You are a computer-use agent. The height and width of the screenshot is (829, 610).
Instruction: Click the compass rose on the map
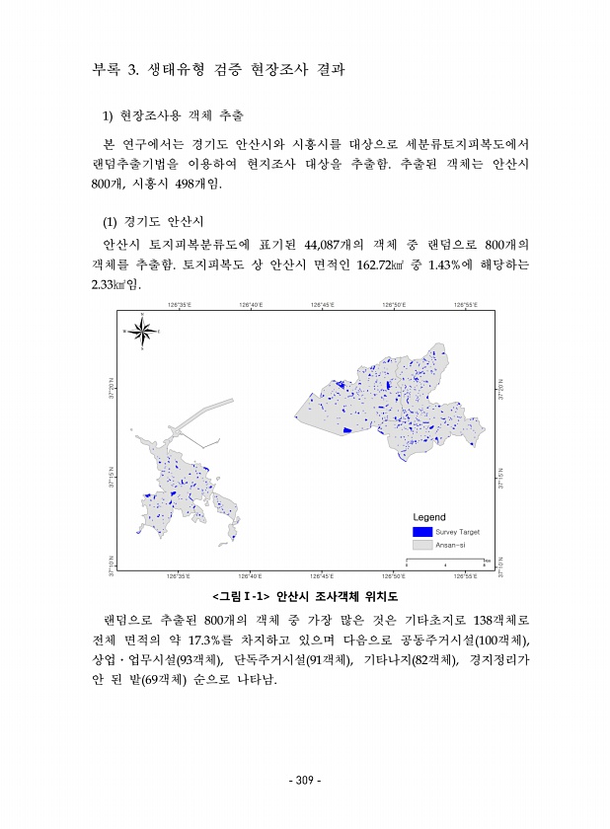(x=143, y=332)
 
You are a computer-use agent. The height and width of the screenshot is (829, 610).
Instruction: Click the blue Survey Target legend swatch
(x=422, y=532)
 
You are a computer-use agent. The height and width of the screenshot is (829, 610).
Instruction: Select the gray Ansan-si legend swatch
(x=422, y=544)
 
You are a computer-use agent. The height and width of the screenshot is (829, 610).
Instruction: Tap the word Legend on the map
(x=429, y=517)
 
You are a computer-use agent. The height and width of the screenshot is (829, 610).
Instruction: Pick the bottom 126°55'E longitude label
(x=465, y=575)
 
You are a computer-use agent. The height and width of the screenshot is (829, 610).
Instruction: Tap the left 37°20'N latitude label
(x=111, y=388)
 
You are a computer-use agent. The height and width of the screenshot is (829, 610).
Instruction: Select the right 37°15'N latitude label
(x=501, y=479)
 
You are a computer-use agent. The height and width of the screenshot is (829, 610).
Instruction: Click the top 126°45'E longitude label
(x=322, y=306)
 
